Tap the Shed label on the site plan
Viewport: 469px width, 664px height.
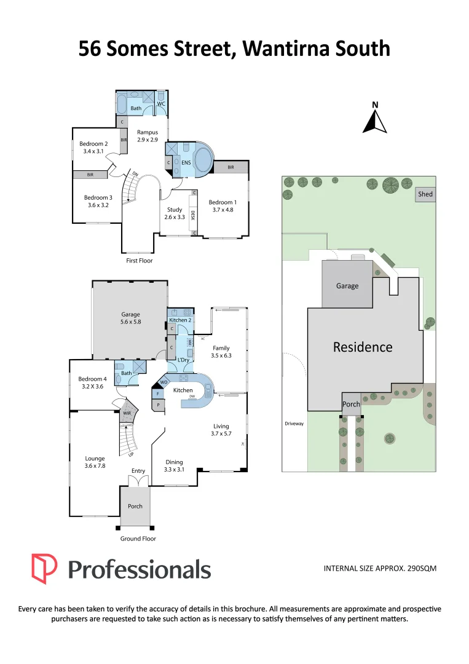(425, 194)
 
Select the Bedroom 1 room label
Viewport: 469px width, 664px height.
(221, 202)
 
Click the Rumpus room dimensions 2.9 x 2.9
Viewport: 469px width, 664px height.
(148, 140)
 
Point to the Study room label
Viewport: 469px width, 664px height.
(175, 210)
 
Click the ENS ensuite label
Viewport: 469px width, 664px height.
(186, 163)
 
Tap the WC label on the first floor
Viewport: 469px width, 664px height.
(160, 104)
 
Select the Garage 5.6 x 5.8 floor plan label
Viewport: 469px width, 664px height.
(130, 318)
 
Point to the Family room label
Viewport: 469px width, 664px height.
(221, 348)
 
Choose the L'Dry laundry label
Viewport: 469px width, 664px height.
(183, 359)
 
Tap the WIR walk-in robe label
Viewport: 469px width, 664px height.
(127, 414)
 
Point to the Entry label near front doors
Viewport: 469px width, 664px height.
(138, 471)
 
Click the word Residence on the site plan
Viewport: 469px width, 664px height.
(363, 347)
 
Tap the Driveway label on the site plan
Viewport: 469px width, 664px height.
(294, 424)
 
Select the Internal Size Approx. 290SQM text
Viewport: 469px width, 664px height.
(380, 569)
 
